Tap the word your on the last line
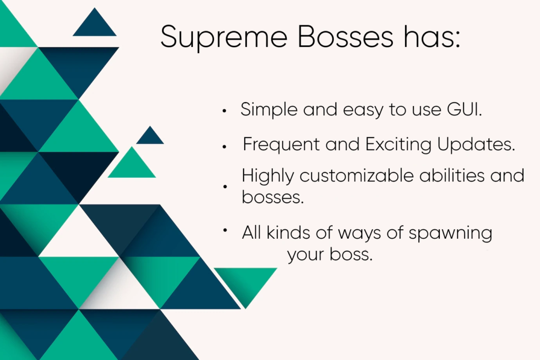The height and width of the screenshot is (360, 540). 306,256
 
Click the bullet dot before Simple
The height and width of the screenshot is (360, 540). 225,111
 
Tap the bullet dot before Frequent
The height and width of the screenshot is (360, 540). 225,146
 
